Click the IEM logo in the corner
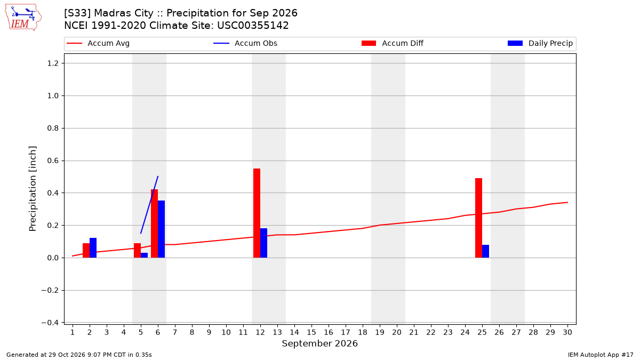[x=23, y=18]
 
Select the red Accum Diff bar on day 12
[x=257, y=213]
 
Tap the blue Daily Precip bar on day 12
[x=263, y=243]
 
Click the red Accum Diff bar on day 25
[x=478, y=218]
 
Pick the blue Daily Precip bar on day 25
[x=486, y=251]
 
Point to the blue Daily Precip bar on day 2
[x=93, y=247]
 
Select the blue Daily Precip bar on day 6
[x=162, y=229]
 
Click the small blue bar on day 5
[x=145, y=255]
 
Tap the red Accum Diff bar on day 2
[x=86, y=250]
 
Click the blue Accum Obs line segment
[x=149, y=205]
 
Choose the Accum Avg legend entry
[x=98, y=43]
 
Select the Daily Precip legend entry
[x=540, y=43]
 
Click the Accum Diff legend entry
[x=393, y=43]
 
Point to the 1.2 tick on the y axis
[x=53, y=63]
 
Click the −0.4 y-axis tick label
[x=50, y=323]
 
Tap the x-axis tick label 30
[x=567, y=332]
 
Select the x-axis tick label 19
[x=380, y=332]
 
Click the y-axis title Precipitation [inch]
[x=33, y=189]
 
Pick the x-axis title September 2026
[x=319, y=343]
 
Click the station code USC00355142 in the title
[x=253, y=26]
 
